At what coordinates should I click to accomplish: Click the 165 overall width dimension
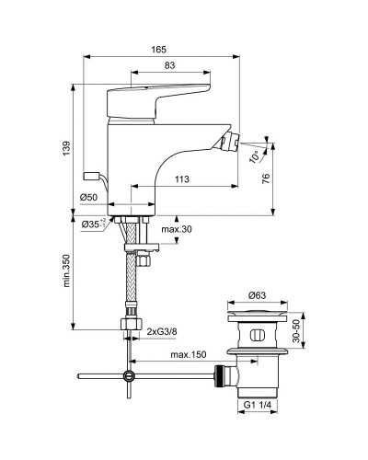coord(158,50)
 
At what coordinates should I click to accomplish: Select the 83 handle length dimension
coord(169,65)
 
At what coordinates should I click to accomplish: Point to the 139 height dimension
coord(67,148)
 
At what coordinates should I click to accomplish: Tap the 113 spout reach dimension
coord(182,179)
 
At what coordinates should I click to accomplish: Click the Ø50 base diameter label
coord(88,198)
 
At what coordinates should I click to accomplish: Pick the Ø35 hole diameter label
coord(94,224)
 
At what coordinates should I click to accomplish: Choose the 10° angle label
coord(255,156)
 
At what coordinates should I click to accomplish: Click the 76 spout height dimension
coord(267,178)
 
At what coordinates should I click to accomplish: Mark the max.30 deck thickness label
coord(177,229)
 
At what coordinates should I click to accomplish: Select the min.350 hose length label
coord(66,271)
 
